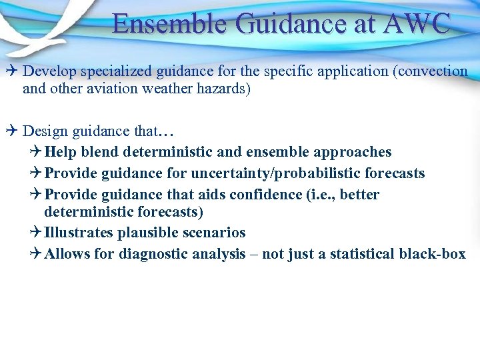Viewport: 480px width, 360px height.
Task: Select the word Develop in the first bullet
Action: click(50, 71)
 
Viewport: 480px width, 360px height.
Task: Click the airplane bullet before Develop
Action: click(13, 71)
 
